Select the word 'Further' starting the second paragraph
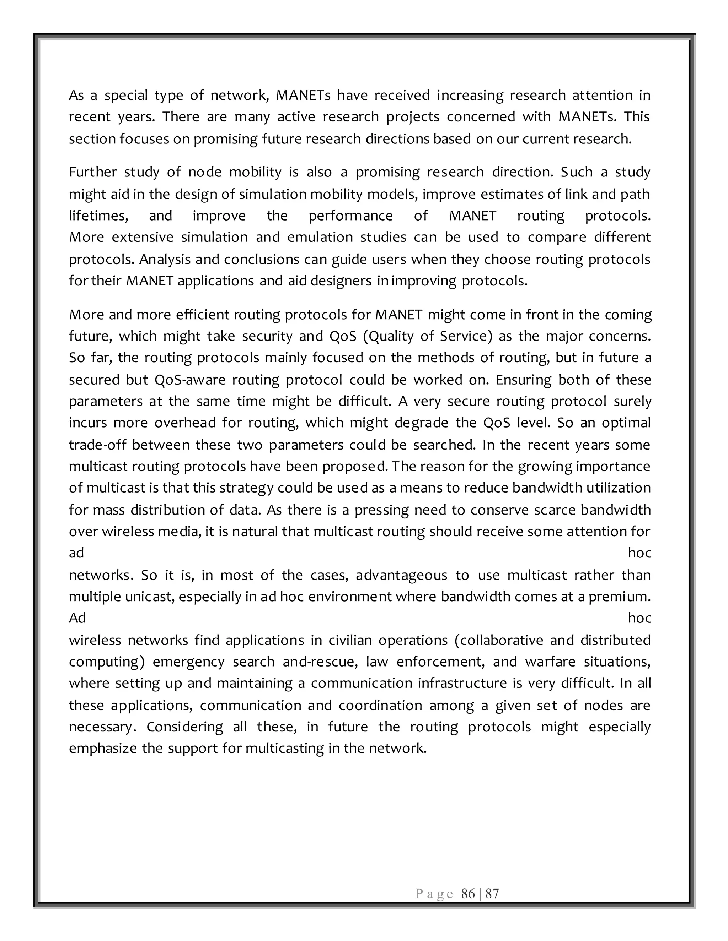point(93,172)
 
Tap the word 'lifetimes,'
point(99,216)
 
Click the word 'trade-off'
point(97,445)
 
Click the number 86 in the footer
point(468,894)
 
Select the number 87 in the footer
point(492,894)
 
